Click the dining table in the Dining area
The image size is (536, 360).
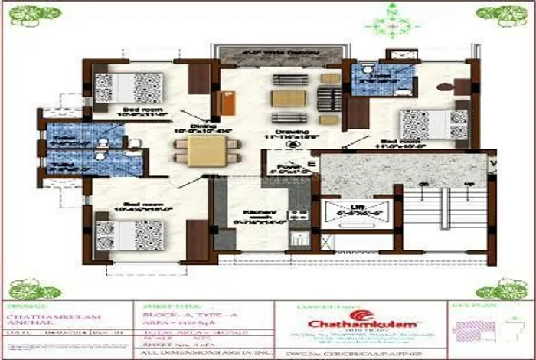pyautogui.click(x=202, y=150)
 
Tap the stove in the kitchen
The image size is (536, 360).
pyautogui.click(x=298, y=214)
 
